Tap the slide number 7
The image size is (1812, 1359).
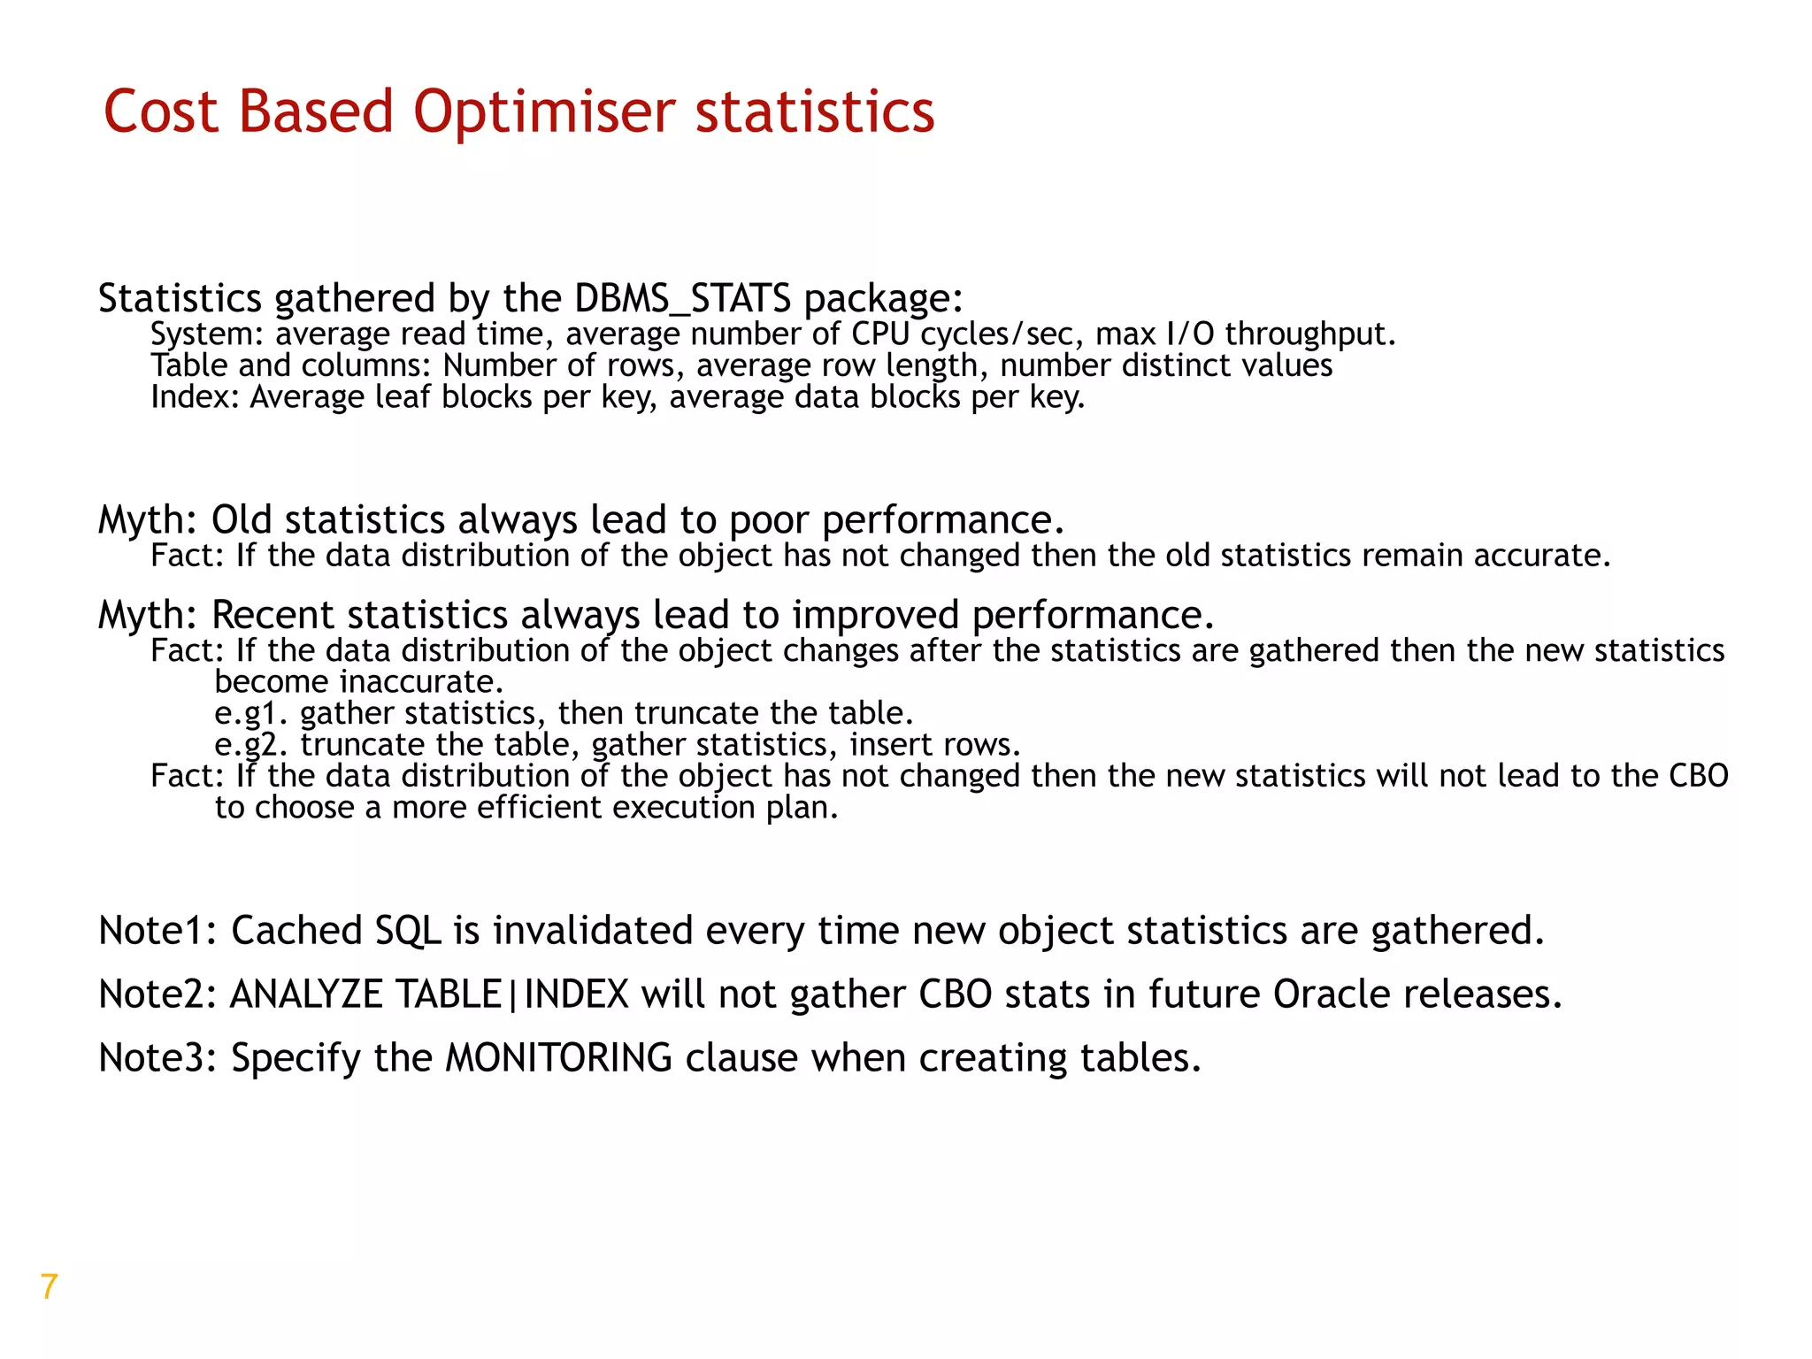point(50,1286)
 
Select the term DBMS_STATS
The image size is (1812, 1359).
point(682,299)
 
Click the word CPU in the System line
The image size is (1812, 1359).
point(880,334)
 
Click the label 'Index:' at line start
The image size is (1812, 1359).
point(195,397)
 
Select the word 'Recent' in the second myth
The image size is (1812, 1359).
point(273,615)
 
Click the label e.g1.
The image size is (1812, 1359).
point(251,714)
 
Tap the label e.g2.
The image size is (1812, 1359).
point(251,745)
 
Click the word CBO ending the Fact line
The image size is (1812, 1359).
point(1698,776)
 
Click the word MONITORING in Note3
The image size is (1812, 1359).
point(558,1059)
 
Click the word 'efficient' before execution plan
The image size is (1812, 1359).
point(540,808)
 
